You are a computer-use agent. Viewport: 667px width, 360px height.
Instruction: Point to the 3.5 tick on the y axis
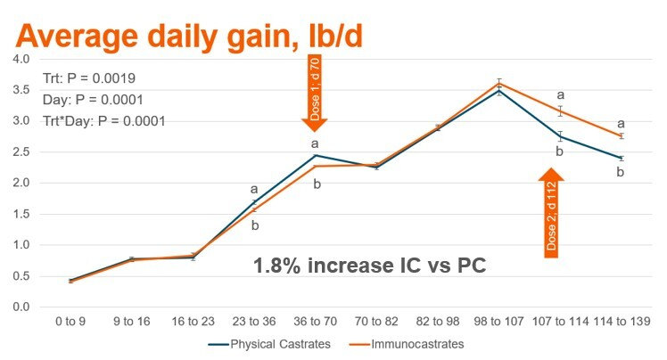(20, 90)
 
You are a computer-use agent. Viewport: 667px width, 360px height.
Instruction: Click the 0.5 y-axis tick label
(20, 276)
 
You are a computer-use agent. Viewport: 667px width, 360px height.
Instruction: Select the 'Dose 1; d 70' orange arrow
(316, 95)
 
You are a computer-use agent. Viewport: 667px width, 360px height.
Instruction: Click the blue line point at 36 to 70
(315, 155)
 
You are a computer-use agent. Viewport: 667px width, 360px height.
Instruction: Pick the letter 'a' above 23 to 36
(254, 189)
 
